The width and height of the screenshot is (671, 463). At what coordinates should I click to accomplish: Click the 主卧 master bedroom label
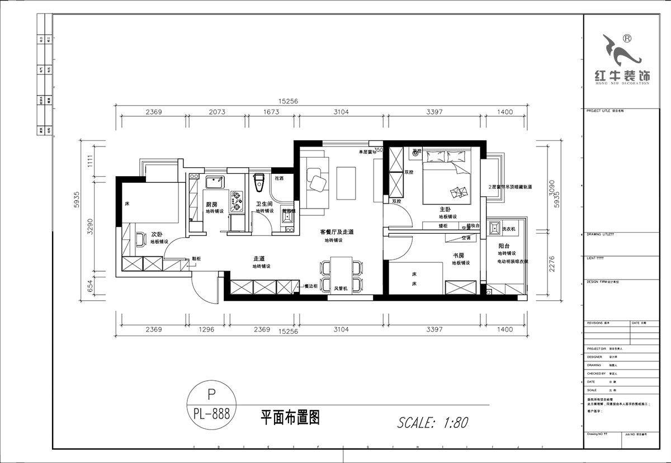pyautogui.click(x=446, y=209)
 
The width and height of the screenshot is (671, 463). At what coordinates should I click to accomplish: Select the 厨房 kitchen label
pyautogui.click(x=211, y=205)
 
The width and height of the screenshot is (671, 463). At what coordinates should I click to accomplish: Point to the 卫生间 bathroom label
pyautogui.click(x=264, y=205)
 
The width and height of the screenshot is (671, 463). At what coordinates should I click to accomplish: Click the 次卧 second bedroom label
pyautogui.click(x=157, y=235)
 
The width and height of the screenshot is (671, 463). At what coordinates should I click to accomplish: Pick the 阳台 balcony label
pyautogui.click(x=504, y=246)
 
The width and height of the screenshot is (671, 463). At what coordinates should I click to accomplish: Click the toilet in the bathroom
pyautogui.click(x=258, y=181)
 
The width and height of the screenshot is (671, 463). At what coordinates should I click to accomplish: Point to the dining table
pyautogui.click(x=341, y=273)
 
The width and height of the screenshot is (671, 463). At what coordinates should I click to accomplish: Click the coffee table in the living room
pyautogui.click(x=346, y=183)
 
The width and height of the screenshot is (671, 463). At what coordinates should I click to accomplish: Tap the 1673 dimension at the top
pyautogui.click(x=270, y=112)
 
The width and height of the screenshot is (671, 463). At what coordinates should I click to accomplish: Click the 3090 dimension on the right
pyautogui.click(x=552, y=186)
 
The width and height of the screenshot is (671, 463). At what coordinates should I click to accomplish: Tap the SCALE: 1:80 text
pyautogui.click(x=432, y=422)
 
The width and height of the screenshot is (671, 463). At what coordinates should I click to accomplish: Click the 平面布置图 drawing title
pyautogui.click(x=290, y=417)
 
